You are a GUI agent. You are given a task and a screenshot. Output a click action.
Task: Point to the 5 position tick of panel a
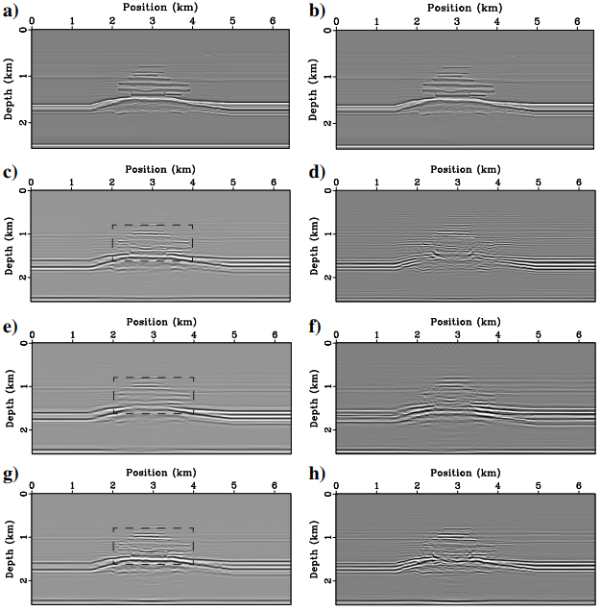pyautogui.click(x=233, y=20)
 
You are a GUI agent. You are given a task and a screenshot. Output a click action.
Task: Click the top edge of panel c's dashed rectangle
pyautogui.click(x=153, y=226)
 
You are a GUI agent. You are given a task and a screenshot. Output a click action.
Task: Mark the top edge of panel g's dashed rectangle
pyautogui.click(x=153, y=528)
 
